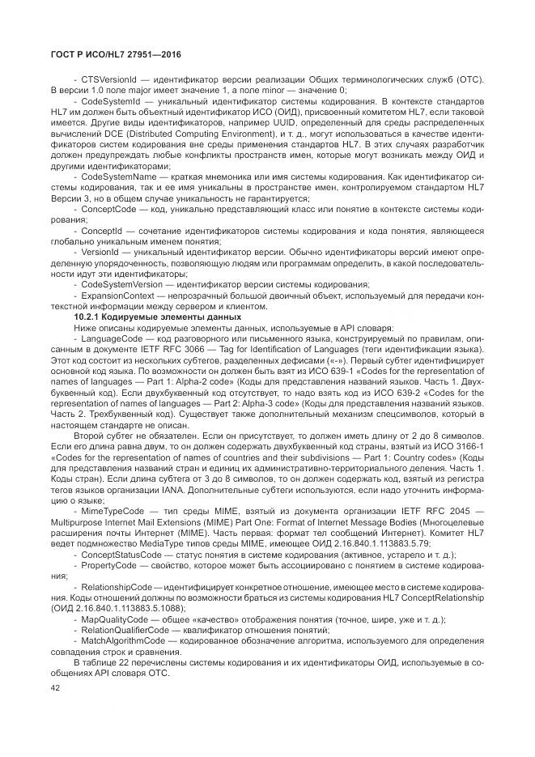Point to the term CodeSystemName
pyautogui.click(x=116, y=178)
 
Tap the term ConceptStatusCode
pyautogui.click(x=119, y=555)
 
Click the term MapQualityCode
pyautogui.click(x=113, y=618)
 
